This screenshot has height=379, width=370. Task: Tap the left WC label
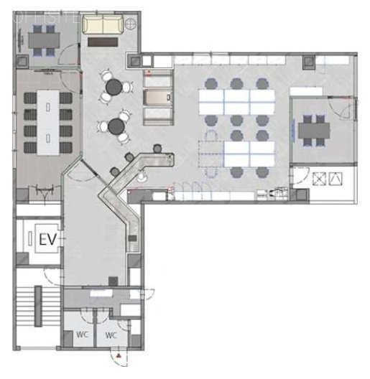[x=83, y=334]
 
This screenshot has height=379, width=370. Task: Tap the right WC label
[x=111, y=334]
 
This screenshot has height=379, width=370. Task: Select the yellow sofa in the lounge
[x=101, y=26]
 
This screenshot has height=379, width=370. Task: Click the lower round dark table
[x=116, y=127]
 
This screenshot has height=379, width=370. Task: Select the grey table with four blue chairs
[x=42, y=37]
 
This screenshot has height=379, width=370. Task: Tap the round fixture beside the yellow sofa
[x=130, y=24]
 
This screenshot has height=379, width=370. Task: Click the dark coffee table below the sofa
[x=101, y=42]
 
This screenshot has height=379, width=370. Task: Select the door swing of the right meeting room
[x=343, y=109]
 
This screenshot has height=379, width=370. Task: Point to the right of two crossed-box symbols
[x=334, y=178]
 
